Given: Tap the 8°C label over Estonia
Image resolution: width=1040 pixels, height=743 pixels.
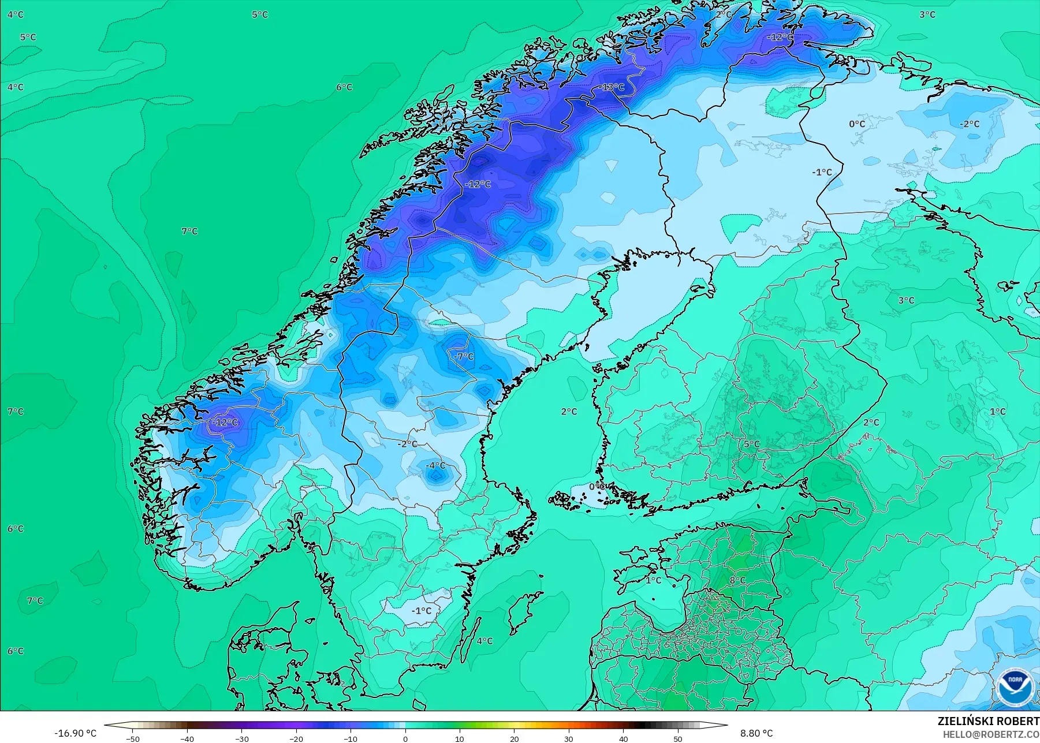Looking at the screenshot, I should (737, 580).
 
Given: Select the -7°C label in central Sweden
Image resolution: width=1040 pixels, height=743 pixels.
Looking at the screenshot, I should (464, 356).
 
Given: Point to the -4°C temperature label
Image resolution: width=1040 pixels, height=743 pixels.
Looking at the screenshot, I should (435, 465).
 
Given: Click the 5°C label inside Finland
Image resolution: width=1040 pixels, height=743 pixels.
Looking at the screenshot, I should (751, 443).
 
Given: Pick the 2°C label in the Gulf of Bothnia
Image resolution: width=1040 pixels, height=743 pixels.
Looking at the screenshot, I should (569, 411).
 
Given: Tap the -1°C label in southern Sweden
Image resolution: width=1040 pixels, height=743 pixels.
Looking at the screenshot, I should (422, 610).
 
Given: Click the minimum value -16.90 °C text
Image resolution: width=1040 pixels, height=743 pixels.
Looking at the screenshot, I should (76, 733).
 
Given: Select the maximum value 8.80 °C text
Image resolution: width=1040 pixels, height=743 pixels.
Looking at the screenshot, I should (756, 733).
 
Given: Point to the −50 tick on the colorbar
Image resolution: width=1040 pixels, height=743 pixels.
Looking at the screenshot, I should (132, 738).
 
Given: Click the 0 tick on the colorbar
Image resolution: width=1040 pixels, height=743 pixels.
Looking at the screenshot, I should (405, 738).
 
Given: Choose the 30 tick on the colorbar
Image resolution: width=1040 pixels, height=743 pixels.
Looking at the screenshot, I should (569, 738).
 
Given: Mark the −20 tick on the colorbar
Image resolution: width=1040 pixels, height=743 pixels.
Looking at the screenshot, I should (296, 738).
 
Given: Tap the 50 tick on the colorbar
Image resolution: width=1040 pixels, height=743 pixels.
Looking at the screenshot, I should (678, 738).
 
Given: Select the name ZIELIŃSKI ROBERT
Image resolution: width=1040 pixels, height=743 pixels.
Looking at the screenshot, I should (988, 721).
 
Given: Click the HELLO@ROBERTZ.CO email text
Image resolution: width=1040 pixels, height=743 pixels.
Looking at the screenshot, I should (991, 734).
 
